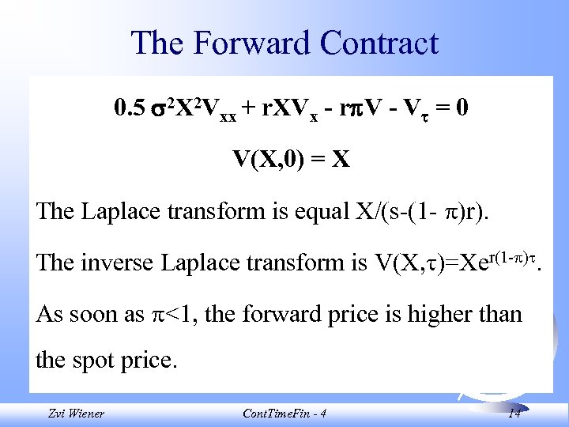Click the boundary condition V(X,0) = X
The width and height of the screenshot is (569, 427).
coord(290,160)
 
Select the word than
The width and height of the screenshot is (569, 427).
coord(502,314)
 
